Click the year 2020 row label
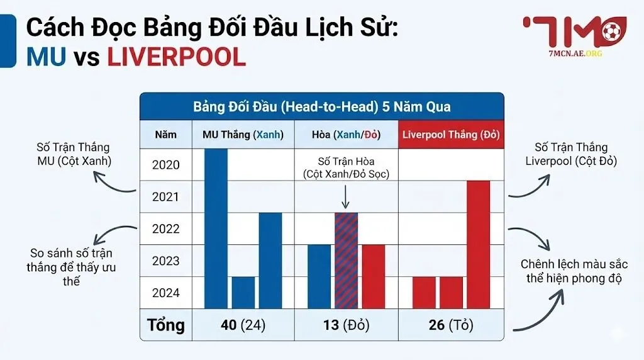point(166,165)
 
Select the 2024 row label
point(166,293)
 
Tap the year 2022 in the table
point(166,228)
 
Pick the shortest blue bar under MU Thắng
point(243,292)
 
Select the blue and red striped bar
point(346,259)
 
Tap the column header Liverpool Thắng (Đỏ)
point(450,135)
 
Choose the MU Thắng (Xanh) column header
point(243,135)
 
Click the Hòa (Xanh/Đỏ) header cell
point(346,135)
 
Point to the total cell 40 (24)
point(243,325)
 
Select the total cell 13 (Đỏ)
point(346,325)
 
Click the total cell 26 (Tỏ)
point(450,325)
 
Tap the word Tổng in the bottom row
point(166,325)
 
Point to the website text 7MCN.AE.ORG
point(575,53)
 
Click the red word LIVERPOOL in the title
point(176,57)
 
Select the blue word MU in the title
point(47,57)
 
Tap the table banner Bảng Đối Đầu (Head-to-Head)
point(321,106)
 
